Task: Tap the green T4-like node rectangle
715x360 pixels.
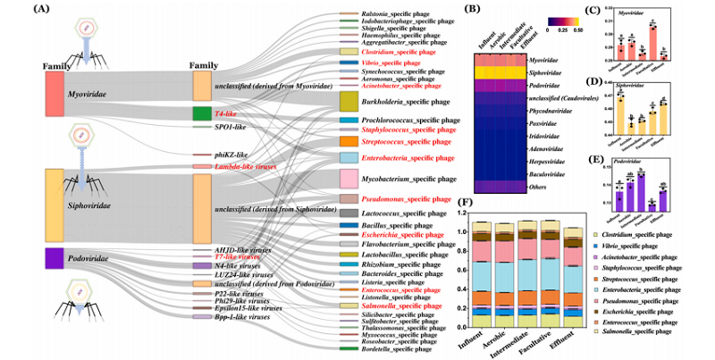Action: click(202, 114)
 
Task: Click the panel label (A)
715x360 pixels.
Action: click(15, 11)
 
